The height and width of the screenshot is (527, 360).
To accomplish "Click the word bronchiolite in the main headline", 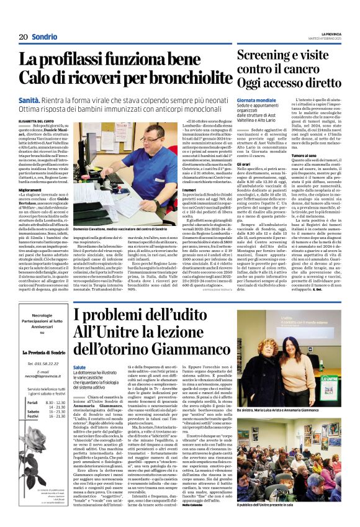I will point(188,78).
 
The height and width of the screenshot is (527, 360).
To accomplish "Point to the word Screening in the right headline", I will point(265,55).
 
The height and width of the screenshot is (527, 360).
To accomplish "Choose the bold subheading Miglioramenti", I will point(30,189).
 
